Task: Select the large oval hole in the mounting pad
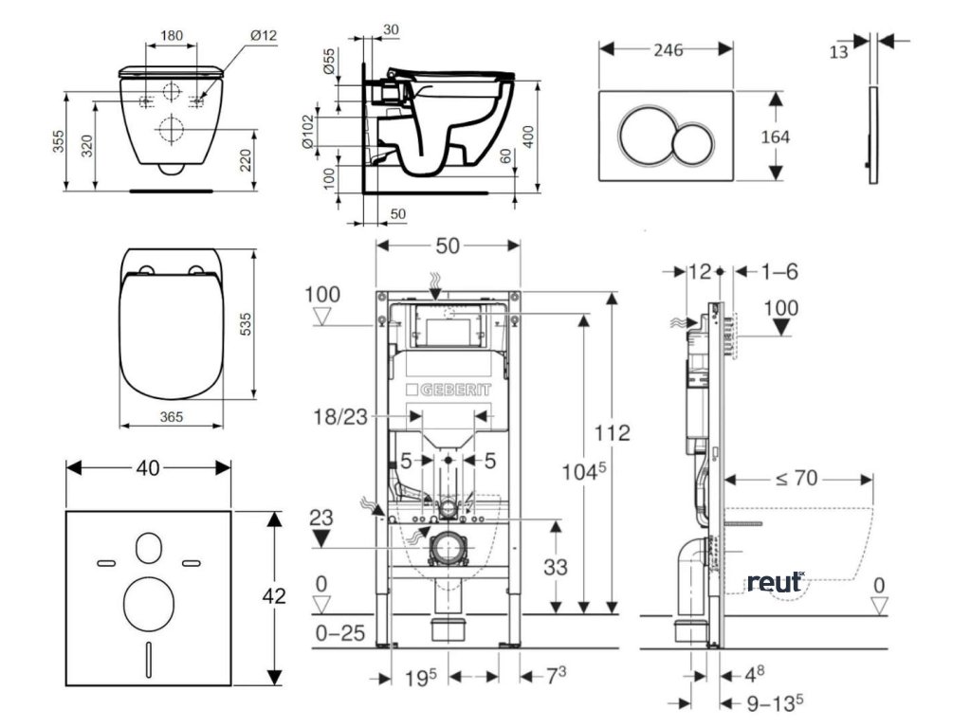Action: (x=149, y=601)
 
